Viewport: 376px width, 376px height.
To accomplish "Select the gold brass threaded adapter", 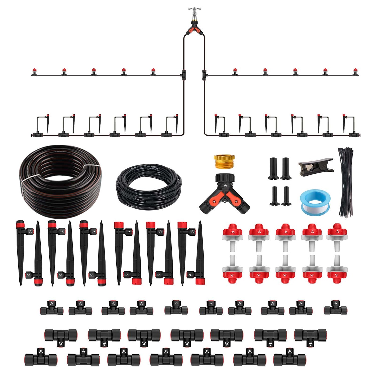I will [224, 161].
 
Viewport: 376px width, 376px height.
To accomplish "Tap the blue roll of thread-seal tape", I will [315, 202].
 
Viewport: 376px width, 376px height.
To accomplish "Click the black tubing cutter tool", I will [315, 166].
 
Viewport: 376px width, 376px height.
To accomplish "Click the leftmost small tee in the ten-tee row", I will [52, 309].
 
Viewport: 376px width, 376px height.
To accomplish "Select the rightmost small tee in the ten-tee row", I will [335, 308].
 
